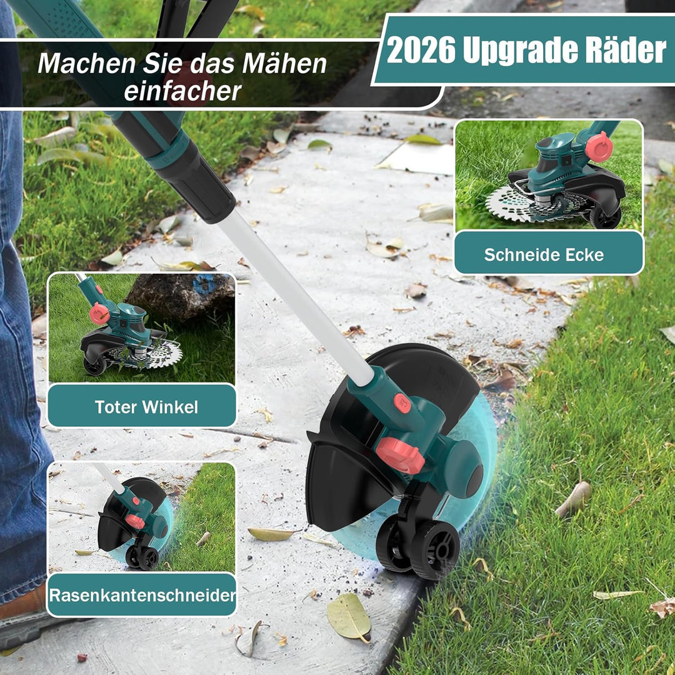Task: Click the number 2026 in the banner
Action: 421,50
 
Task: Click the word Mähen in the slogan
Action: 284,63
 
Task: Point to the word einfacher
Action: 182,91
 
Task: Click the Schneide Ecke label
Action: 544,254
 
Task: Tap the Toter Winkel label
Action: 146,407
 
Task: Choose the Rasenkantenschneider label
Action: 142,596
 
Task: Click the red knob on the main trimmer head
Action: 400,454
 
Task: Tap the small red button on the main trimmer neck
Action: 402,403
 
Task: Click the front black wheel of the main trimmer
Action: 436,549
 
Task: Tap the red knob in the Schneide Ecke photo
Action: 599,147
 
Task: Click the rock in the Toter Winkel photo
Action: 181,296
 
